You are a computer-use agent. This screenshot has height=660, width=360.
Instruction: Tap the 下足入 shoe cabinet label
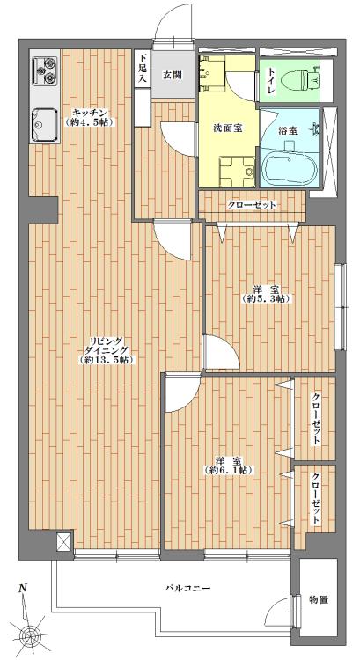coord(142,70)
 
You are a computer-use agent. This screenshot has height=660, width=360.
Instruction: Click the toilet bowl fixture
coord(307,78)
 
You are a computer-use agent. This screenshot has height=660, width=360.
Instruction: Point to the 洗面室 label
coord(226,128)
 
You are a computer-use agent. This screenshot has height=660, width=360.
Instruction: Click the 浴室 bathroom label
coord(287,130)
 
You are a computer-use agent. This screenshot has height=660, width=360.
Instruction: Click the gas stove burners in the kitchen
coord(45,71)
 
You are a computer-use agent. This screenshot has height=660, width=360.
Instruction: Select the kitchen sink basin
coord(43,124)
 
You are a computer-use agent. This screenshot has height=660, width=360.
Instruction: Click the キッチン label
coord(90,113)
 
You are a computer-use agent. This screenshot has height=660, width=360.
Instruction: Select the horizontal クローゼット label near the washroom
coord(253,204)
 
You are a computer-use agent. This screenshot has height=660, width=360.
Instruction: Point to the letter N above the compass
coord(24,588)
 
